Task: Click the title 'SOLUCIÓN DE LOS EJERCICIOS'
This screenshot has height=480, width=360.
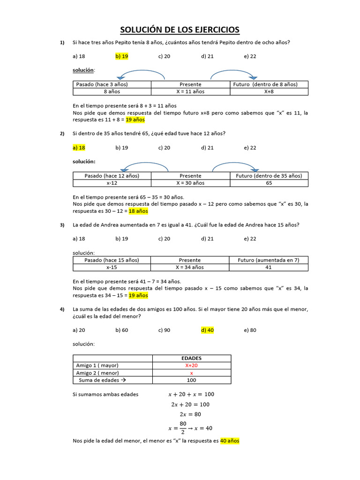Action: [180, 30]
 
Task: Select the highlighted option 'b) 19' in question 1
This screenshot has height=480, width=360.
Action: [122, 56]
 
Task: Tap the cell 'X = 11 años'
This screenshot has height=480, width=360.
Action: [190, 91]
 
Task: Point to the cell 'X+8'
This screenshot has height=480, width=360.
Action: [269, 91]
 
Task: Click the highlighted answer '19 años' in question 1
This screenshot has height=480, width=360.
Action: [135, 120]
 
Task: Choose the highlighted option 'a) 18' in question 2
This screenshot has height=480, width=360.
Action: [79, 148]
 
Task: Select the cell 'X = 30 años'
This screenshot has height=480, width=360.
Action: [190, 183]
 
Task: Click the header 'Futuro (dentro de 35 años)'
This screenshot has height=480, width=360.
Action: [269, 176]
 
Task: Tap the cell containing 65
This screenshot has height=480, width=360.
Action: [269, 183]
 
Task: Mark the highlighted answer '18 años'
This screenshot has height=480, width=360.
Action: [138, 211]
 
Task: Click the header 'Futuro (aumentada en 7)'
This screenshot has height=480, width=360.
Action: [269, 260]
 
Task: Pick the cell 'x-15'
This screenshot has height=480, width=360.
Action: [112, 267]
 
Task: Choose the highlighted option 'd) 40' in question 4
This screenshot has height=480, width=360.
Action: [207, 330]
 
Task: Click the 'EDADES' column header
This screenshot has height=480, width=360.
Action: [191, 358]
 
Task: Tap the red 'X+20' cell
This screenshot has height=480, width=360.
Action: [191, 366]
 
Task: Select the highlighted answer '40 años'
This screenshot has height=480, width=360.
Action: [230, 441]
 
